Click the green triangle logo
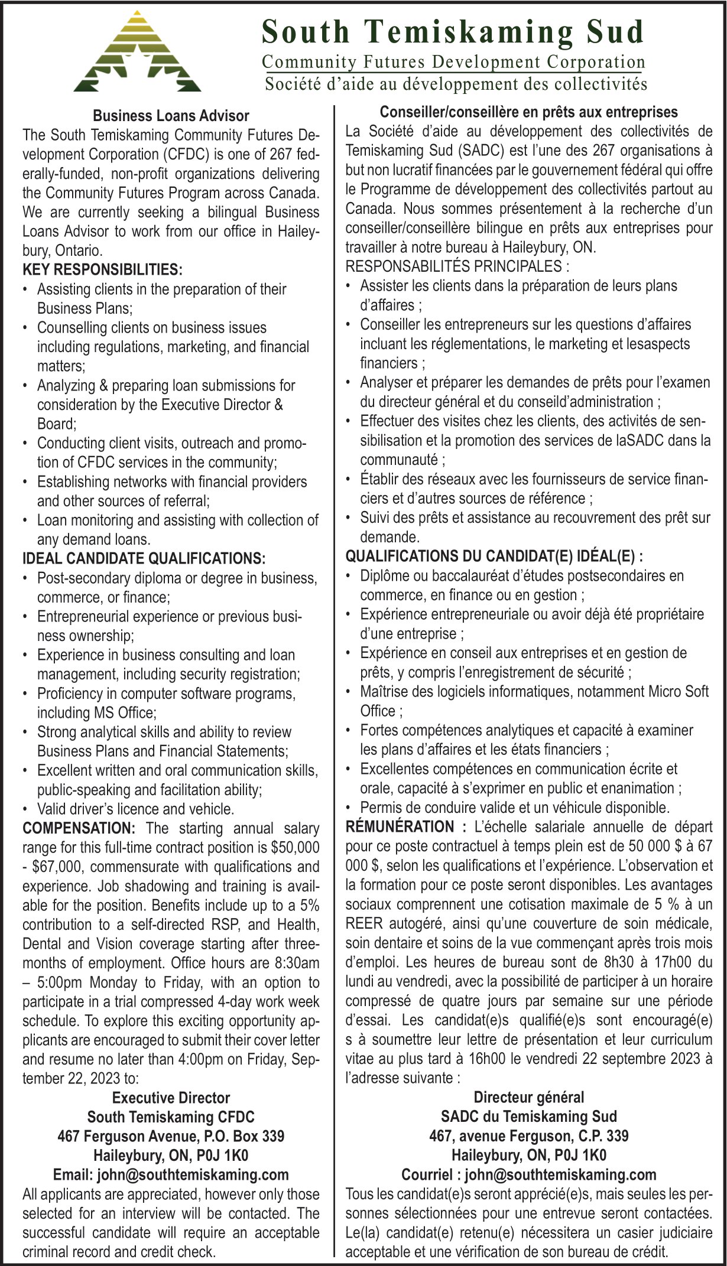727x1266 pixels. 137,53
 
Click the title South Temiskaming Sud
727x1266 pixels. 453,32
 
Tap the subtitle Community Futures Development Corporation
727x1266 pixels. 453,62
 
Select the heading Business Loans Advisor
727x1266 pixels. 171,116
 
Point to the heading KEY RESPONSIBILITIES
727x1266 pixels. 102,270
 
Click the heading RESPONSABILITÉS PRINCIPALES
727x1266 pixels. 457,266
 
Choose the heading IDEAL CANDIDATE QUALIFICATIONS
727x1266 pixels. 144,558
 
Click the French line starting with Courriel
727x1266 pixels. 528,1174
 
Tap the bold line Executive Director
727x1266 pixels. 171,1098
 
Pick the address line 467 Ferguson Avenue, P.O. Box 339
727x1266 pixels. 171,1136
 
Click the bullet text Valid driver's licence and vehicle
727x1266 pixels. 135,809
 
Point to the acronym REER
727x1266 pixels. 363,923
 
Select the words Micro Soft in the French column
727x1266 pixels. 678,691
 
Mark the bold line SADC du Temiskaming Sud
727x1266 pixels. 528,1117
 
